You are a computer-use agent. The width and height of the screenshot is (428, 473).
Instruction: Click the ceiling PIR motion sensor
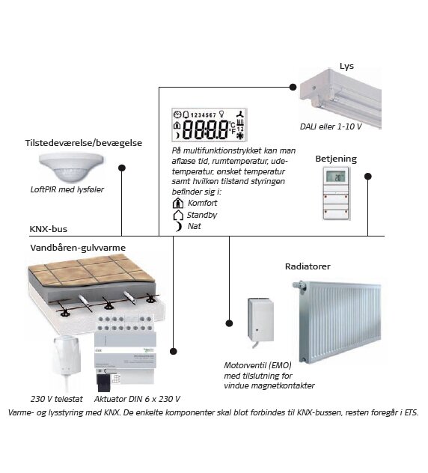click(x=71, y=167)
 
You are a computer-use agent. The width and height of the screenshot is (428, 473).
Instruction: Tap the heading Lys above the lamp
click(x=346, y=66)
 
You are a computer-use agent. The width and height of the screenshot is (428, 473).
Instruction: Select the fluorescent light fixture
click(x=340, y=98)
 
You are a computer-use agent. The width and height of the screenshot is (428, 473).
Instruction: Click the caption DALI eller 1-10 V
click(x=331, y=126)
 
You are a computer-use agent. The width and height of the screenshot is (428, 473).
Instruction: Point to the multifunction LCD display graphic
click(x=210, y=124)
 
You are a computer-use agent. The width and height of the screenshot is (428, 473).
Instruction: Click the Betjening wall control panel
click(x=337, y=193)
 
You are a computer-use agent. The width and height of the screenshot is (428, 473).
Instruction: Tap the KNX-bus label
click(x=48, y=229)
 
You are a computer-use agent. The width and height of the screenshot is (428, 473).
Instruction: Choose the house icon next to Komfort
click(x=178, y=203)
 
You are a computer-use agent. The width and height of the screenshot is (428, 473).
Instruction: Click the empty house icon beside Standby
click(x=178, y=215)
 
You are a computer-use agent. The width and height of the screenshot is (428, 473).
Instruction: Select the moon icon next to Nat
click(x=179, y=226)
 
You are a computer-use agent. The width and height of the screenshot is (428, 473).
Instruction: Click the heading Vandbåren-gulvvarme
click(x=78, y=248)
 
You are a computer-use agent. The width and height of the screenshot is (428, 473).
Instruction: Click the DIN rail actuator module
click(x=124, y=353)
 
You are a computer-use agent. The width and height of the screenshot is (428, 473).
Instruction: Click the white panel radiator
click(x=337, y=322)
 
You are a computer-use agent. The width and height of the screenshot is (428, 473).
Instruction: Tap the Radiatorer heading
click(x=308, y=266)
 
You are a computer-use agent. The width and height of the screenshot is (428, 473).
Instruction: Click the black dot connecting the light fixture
click(x=293, y=87)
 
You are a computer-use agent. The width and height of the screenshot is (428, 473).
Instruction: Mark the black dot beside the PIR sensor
click(x=122, y=168)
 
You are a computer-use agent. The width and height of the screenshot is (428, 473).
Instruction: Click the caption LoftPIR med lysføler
click(x=67, y=189)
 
